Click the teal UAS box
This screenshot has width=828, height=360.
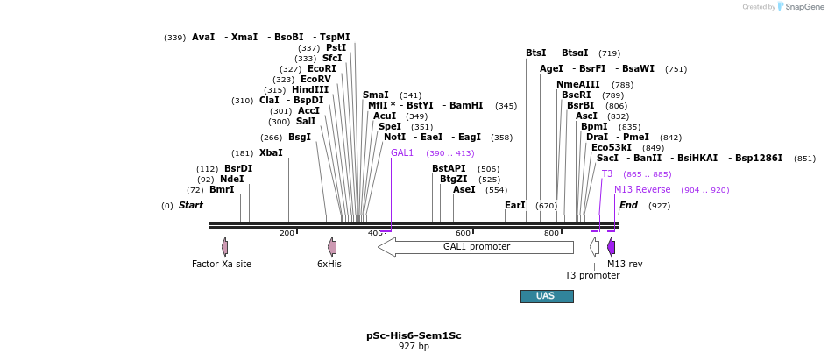pos(547,296)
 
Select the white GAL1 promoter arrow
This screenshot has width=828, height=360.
pos(475,247)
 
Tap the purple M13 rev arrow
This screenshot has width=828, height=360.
pos(612,247)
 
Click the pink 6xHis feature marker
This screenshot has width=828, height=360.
pos(332,247)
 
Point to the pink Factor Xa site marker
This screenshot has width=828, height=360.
pos(225,247)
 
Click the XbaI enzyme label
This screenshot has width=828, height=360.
pos(271,152)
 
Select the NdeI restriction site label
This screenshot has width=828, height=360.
pos(232,179)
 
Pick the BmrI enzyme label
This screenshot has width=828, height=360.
pos(222,189)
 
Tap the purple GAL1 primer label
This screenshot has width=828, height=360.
pos(402,152)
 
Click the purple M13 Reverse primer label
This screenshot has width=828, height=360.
pos(642,189)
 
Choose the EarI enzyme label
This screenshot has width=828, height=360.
pos(515,205)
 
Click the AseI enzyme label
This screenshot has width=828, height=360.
pos(464,189)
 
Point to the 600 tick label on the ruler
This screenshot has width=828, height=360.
pos(463,233)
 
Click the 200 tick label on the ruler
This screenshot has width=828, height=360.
pos(287,233)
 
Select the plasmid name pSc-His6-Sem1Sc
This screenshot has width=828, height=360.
pos(414,335)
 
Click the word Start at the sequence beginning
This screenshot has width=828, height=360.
pos(191,205)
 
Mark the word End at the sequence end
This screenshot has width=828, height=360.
pos(628,205)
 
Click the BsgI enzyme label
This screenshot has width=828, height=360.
pos(299,137)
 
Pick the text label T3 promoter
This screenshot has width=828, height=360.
pos(591,275)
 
